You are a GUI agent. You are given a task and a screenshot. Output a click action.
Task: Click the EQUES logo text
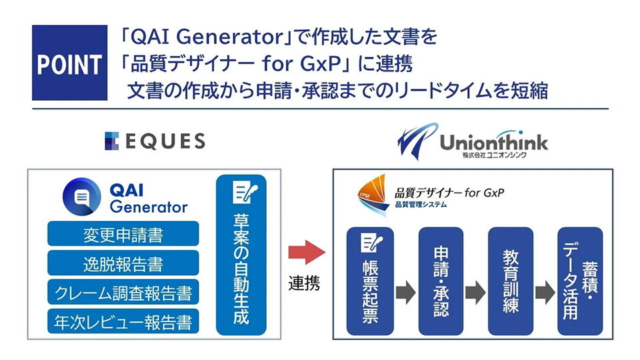[x=155, y=141]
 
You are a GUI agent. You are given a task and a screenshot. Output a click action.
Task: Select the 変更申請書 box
[x=123, y=235]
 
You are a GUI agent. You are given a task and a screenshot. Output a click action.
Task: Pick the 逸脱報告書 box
[x=123, y=264]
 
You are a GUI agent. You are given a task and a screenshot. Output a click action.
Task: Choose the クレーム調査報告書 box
[x=123, y=293]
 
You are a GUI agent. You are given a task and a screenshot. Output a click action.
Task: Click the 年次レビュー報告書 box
[x=123, y=322]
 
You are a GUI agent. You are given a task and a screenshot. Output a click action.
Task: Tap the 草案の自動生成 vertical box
[x=241, y=256]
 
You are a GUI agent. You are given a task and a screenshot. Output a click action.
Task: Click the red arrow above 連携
[x=305, y=254]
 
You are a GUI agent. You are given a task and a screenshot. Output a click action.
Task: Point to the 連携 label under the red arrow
[x=304, y=283]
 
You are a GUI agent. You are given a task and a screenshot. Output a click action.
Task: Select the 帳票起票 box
[x=370, y=281]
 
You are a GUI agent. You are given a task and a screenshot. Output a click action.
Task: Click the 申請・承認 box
[x=441, y=281]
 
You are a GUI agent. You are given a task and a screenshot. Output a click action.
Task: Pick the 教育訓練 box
[x=511, y=281]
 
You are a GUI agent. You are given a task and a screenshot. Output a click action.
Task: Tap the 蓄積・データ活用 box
[x=580, y=281]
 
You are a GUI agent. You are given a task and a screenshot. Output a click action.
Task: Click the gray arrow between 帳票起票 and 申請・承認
[x=405, y=291]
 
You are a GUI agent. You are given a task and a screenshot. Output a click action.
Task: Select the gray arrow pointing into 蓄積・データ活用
[x=545, y=291]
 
